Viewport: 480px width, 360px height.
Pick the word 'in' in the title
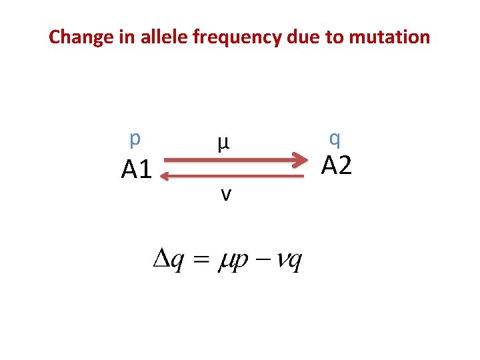coord(129,37)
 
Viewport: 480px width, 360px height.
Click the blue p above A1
coord(135,139)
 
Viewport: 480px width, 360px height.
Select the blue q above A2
coord(335,139)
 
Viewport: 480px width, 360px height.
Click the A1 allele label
coord(137,171)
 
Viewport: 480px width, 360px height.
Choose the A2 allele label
coord(337,164)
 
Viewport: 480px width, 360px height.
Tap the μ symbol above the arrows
coord(223,142)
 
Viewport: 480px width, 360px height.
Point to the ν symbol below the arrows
coord(227,194)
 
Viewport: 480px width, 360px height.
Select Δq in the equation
coord(169,259)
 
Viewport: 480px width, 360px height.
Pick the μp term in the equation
coord(233,260)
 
